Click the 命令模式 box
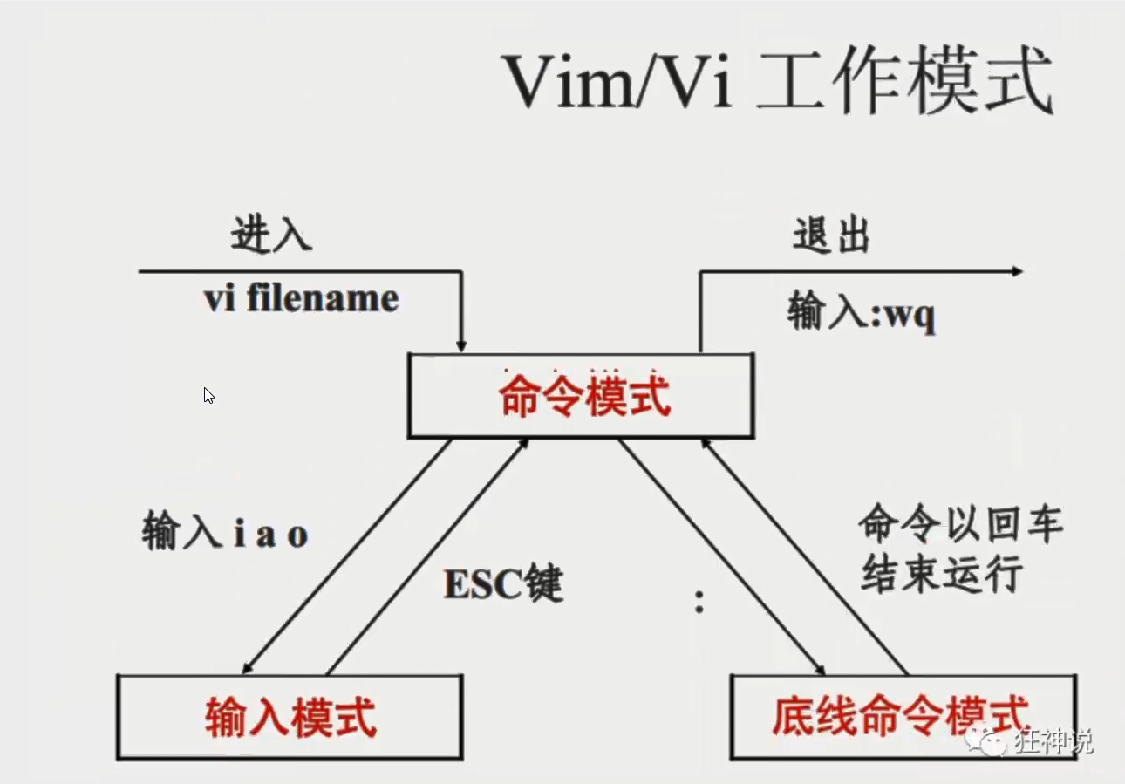coord(581,397)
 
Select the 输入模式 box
coord(290,717)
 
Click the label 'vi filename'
coord(301,299)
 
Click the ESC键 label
coord(503,584)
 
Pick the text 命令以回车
coord(960,525)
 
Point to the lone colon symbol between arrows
coord(699,601)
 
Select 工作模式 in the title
coord(904,83)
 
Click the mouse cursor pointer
coord(208,395)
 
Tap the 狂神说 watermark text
coord(1053,741)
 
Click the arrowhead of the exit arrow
coord(1017,272)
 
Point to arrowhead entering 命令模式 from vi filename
coord(462,346)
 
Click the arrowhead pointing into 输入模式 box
coord(249,667)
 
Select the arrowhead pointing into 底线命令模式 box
coord(820,668)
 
